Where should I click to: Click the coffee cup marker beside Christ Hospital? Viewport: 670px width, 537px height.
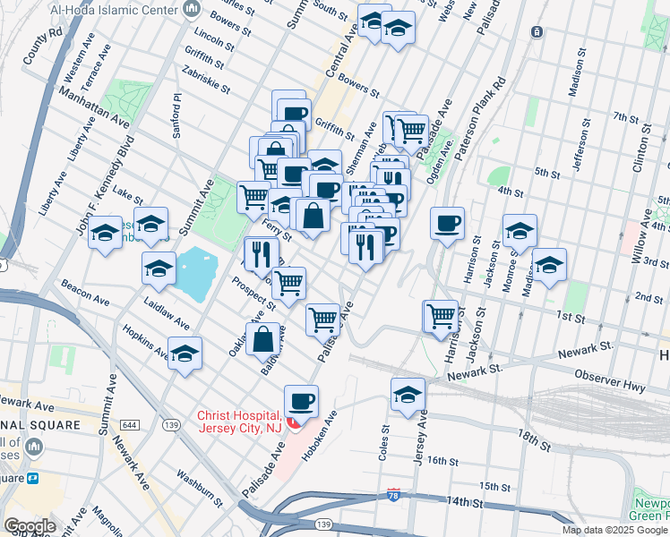pyautogui.click(x=301, y=401)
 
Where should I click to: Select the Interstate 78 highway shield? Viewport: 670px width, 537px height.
pyautogui.click(x=394, y=494)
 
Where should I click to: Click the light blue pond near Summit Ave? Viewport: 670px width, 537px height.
pyautogui.click(x=193, y=266)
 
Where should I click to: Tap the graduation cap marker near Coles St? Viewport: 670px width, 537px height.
pyautogui.click(x=408, y=395)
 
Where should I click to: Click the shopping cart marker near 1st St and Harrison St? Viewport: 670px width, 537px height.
pyautogui.click(x=440, y=316)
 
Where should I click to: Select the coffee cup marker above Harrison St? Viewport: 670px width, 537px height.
pyautogui.click(x=447, y=223)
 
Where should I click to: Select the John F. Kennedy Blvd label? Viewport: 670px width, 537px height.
pyautogui.click(x=104, y=192)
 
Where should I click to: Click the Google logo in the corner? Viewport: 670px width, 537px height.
pyautogui.click(x=30, y=526)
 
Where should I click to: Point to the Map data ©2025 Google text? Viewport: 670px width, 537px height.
pyautogui.click(x=614, y=530)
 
